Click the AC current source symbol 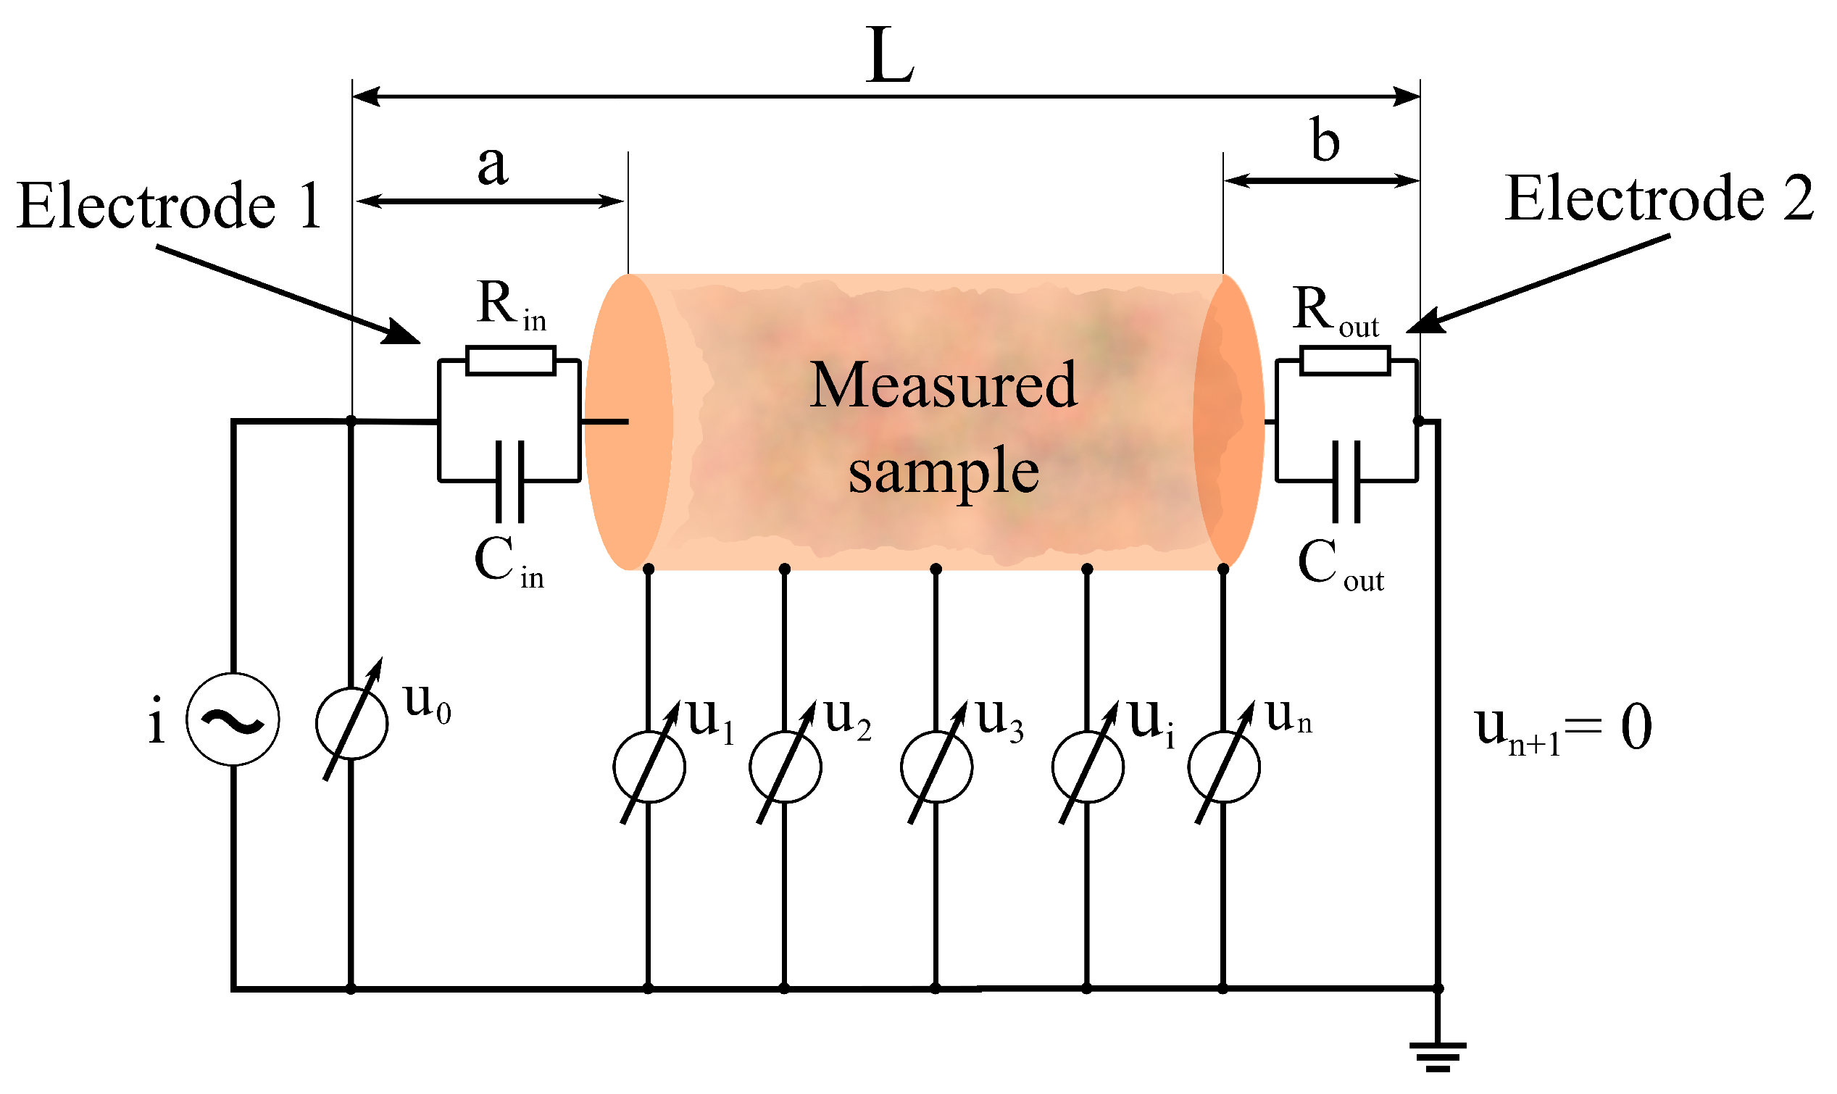coord(232,719)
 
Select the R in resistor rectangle coord(511,362)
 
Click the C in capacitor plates coord(510,480)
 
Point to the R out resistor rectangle coord(1344,362)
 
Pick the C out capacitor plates coord(1346,480)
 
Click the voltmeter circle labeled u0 coord(351,724)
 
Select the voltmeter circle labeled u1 coord(649,767)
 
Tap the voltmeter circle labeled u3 coord(936,767)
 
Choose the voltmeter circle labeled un coord(1224,767)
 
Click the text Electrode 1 coord(170,206)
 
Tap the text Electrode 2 coord(1659,199)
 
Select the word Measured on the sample coord(944,385)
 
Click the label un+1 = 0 coord(1563,728)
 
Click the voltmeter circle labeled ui coord(1088,767)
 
